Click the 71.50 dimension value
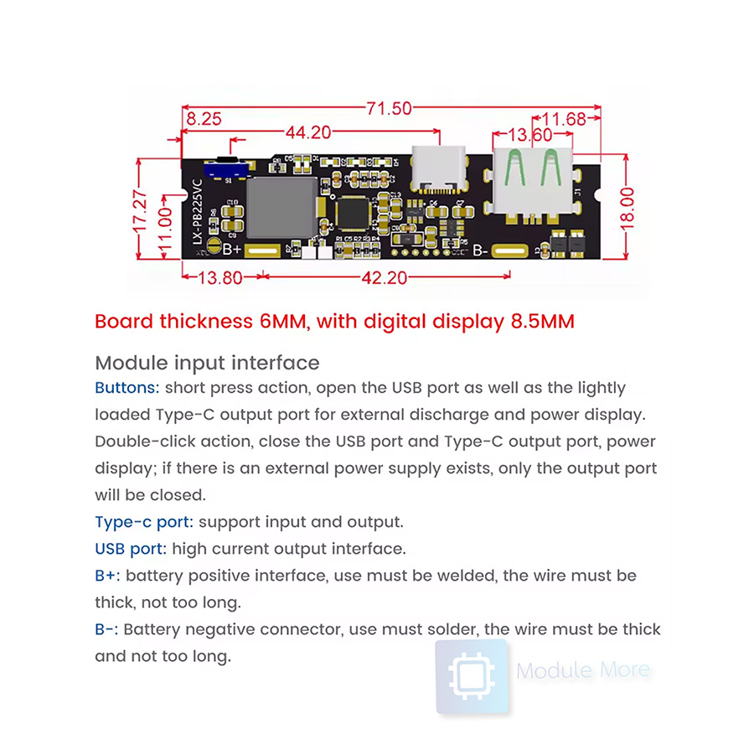pos(390,108)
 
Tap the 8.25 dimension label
pos(204,119)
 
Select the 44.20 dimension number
pos(309,132)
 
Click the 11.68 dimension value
pos(564,119)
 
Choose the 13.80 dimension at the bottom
pos(219,278)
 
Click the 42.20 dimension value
pos(385,278)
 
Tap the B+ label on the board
pos(231,250)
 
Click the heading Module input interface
pos(207,363)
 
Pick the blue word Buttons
pos(127,388)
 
